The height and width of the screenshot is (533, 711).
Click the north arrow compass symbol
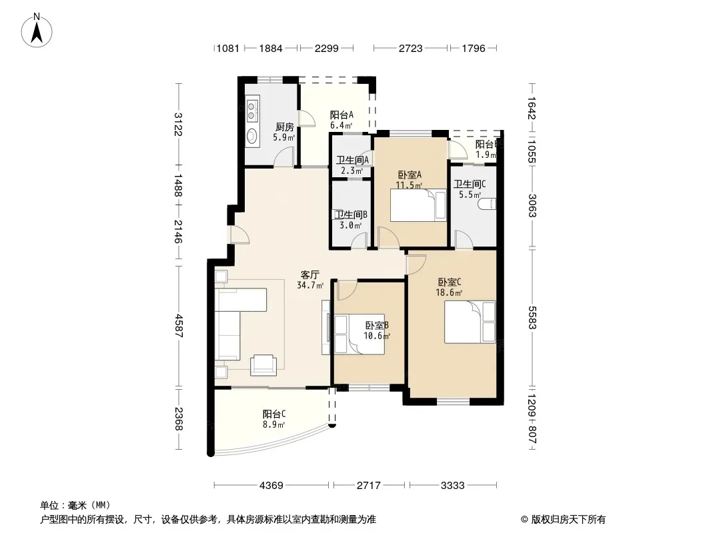pyautogui.click(x=37, y=30)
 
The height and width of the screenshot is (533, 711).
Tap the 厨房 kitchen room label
pyautogui.click(x=284, y=127)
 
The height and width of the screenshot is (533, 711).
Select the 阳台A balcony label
pyautogui.click(x=341, y=115)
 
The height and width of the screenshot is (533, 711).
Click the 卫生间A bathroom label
pyautogui.click(x=352, y=160)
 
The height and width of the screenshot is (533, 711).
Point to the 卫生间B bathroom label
pyautogui.click(x=351, y=214)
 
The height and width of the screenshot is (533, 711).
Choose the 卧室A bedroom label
pyautogui.click(x=410, y=175)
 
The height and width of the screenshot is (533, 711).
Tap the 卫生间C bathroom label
pyautogui.click(x=470, y=184)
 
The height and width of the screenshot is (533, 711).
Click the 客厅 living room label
pyautogui.click(x=310, y=275)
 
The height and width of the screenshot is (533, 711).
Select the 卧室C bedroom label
pyautogui.click(x=450, y=282)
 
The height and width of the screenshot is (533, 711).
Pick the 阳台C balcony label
pyautogui.click(x=274, y=414)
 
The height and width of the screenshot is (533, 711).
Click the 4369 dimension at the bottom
pyautogui.click(x=271, y=486)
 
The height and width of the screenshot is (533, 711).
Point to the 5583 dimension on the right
pyautogui.click(x=532, y=318)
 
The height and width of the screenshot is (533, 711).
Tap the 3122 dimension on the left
pyautogui.click(x=178, y=124)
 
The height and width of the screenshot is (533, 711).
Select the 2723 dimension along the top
pyautogui.click(x=411, y=48)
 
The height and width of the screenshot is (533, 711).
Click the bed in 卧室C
pyautogui.click(x=470, y=322)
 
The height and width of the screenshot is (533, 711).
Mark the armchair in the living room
pyautogui.click(x=263, y=365)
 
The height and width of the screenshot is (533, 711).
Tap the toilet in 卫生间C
pyautogui.click(x=488, y=204)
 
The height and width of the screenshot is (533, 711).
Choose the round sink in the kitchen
pyautogui.click(x=252, y=135)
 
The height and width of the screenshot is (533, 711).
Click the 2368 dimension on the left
pyautogui.click(x=178, y=419)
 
